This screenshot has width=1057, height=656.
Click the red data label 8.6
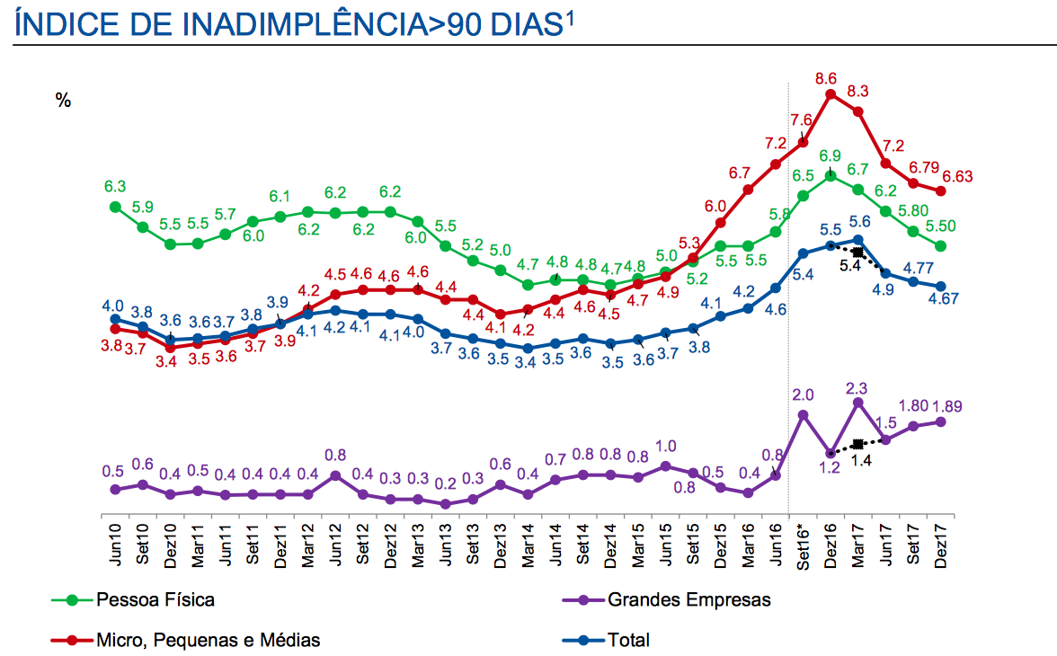826,79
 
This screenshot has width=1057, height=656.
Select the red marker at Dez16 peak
830,93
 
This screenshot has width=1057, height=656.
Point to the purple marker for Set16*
803,415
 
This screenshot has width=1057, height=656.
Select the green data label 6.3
114,188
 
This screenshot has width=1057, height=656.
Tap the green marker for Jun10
115,207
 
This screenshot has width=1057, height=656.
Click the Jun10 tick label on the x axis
115,543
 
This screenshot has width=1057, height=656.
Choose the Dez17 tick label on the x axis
941,543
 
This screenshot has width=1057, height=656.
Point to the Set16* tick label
803,545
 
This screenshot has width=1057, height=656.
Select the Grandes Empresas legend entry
688,599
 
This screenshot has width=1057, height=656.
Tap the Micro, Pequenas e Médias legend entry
208,640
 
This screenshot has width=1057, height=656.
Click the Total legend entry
628,640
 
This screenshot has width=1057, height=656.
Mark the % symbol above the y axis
63,101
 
